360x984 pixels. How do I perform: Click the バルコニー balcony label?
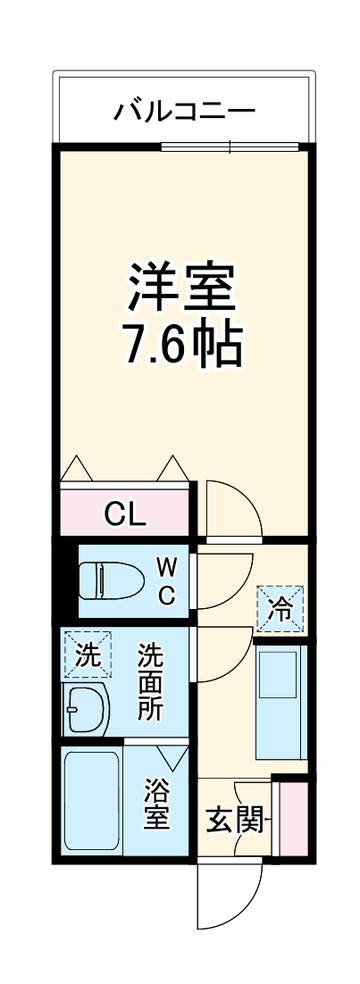pos(184,112)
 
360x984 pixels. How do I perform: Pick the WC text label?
pos(167,580)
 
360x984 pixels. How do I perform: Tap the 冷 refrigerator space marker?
pos(280,609)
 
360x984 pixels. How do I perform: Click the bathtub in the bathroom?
pos(92,802)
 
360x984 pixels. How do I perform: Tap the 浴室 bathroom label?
pos(157,804)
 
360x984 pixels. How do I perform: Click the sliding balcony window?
pos(232,146)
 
